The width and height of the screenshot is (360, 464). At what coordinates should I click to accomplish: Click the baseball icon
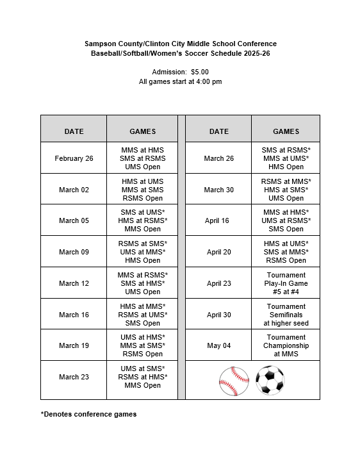[x=234, y=381]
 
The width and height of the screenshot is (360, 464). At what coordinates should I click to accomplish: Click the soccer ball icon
[x=270, y=381]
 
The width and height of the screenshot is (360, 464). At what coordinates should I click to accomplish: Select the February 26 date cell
[x=74, y=158]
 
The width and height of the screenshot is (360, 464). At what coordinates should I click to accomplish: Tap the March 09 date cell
[x=74, y=252]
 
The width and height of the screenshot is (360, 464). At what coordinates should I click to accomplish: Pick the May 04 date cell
[x=218, y=345]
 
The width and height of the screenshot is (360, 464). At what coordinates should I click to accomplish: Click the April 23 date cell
[x=218, y=283]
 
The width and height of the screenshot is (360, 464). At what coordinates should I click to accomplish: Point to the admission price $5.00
[x=200, y=72]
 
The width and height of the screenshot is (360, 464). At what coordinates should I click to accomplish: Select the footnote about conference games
[x=88, y=414]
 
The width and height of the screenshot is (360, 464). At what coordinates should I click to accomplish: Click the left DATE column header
[x=74, y=131]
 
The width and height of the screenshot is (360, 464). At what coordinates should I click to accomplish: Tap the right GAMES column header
[x=286, y=131]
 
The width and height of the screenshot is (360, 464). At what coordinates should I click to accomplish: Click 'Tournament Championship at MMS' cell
[x=286, y=345]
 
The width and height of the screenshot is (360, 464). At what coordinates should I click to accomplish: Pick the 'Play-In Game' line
[x=286, y=283]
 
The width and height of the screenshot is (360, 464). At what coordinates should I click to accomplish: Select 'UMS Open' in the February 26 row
[x=142, y=167]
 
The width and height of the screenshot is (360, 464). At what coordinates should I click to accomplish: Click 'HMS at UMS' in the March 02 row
[x=142, y=181]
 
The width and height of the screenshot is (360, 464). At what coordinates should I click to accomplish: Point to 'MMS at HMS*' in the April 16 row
[x=286, y=212]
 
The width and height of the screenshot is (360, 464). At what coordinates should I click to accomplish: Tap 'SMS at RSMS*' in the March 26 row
[x=286, y=150]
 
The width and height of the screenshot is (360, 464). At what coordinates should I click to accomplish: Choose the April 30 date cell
[x=218, y=315]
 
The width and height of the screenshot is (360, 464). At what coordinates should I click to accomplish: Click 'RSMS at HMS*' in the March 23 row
[x=142, y=377]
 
